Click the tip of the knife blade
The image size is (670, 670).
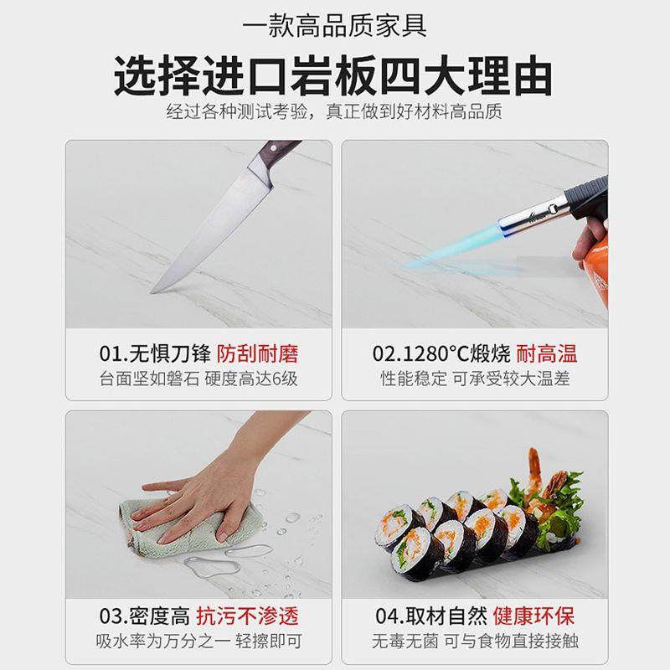[154, 291]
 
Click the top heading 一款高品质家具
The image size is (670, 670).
[334, 25]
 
